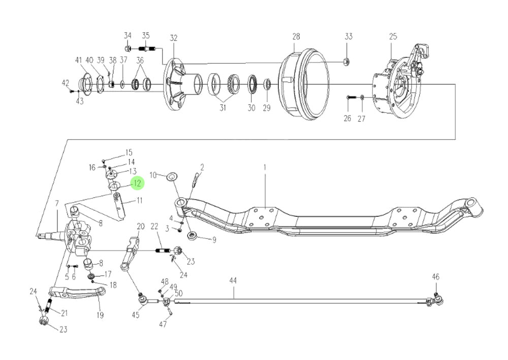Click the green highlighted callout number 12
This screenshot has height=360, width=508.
pyautogui.click(x=137, y=183)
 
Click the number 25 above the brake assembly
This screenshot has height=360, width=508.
pyautogui.click(x=393, y=37)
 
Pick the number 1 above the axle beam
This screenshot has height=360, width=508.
pyautogui.click(x=264, y=167)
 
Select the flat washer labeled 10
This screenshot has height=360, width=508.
pyautogui.click(x=172, y=176)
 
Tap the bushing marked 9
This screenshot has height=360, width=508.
pyautogui.click(x=193, y=236)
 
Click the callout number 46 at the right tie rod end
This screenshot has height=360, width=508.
pyautogui.click(x=435, y=277)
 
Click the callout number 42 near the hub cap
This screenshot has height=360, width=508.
pyautogui.click(x=65, y=83)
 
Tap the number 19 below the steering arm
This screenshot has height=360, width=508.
pyautogui.click(x=100, y=315)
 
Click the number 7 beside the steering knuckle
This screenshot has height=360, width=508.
pyautogui.click(x=57, y=204)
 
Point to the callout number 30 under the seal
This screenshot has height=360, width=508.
pyautogui.click(x=251, y=108)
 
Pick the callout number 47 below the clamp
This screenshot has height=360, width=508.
pyautogui.click(x=163, y=324)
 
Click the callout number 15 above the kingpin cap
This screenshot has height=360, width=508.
pyautogui.click(x=129, y=152)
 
